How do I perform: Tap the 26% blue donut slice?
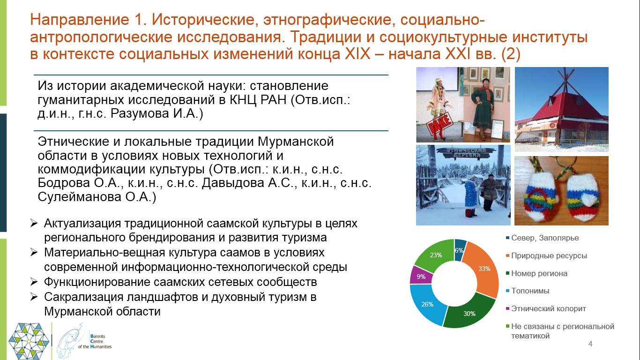coord(427,304)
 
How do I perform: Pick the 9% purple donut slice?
coord(421,276)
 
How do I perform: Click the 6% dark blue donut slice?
coord(460,250)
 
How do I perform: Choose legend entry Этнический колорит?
coord(546,308)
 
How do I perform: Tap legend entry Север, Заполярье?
coord(542,238)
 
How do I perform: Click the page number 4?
coord(590,344)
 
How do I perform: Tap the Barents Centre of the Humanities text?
coord(95,341)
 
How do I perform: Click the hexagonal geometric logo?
coord(29,341)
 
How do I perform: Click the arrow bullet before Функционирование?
coord(34,282)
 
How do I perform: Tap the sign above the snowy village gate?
coord(463,153)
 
